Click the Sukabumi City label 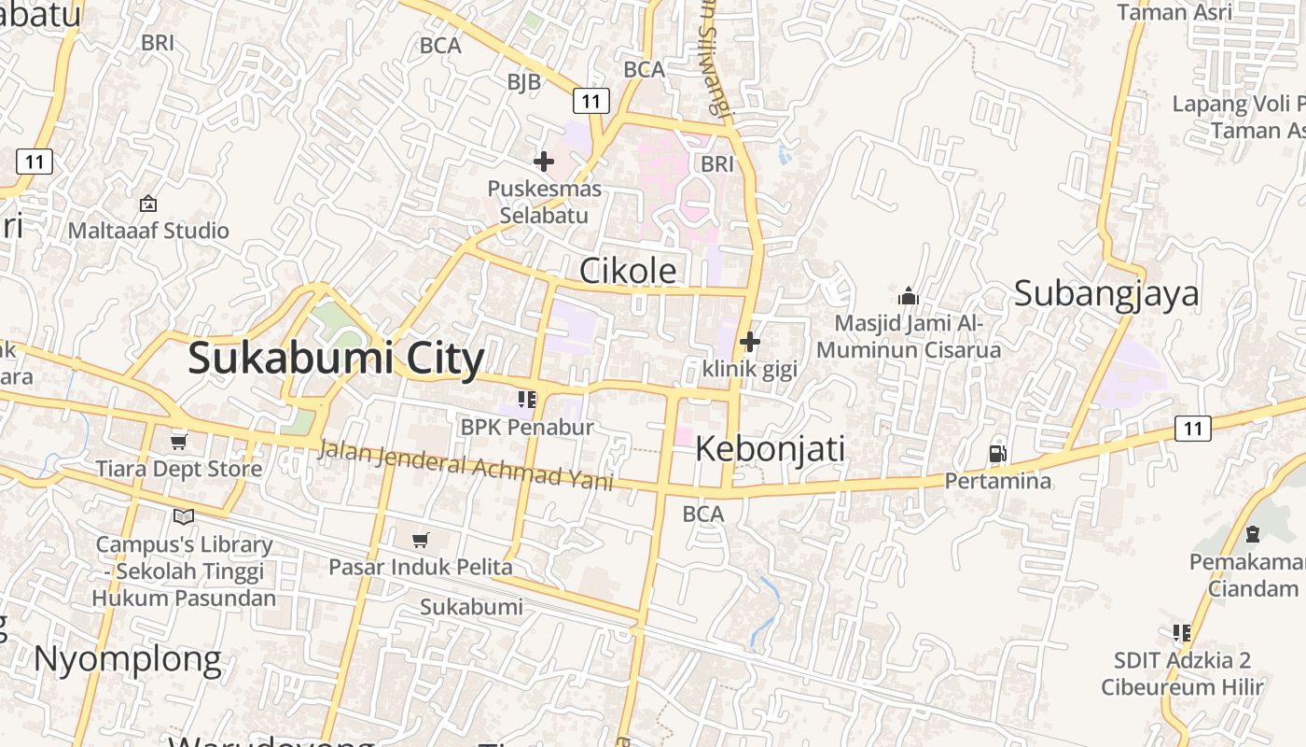[336, 359]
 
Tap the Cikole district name [628, 270]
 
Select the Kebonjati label [770, 449]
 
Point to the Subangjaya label [1106, 293]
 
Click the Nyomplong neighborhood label [128, 659]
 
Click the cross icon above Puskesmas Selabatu [544, 162]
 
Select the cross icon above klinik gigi [749, 342]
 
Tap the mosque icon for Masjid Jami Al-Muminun [908, 297]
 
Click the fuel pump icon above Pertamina [997, 454]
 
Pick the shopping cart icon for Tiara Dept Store [178, 441]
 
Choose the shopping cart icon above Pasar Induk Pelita [420, 540]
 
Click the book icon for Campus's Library [184, 516]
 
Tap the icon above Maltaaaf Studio [147, 204]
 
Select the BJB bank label [523, 82]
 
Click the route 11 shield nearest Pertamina [1191, 429]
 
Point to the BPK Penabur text [527, 427]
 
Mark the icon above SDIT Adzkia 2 [1182, 633]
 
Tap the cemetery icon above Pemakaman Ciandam [1252, 534]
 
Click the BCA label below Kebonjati [702, 514]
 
